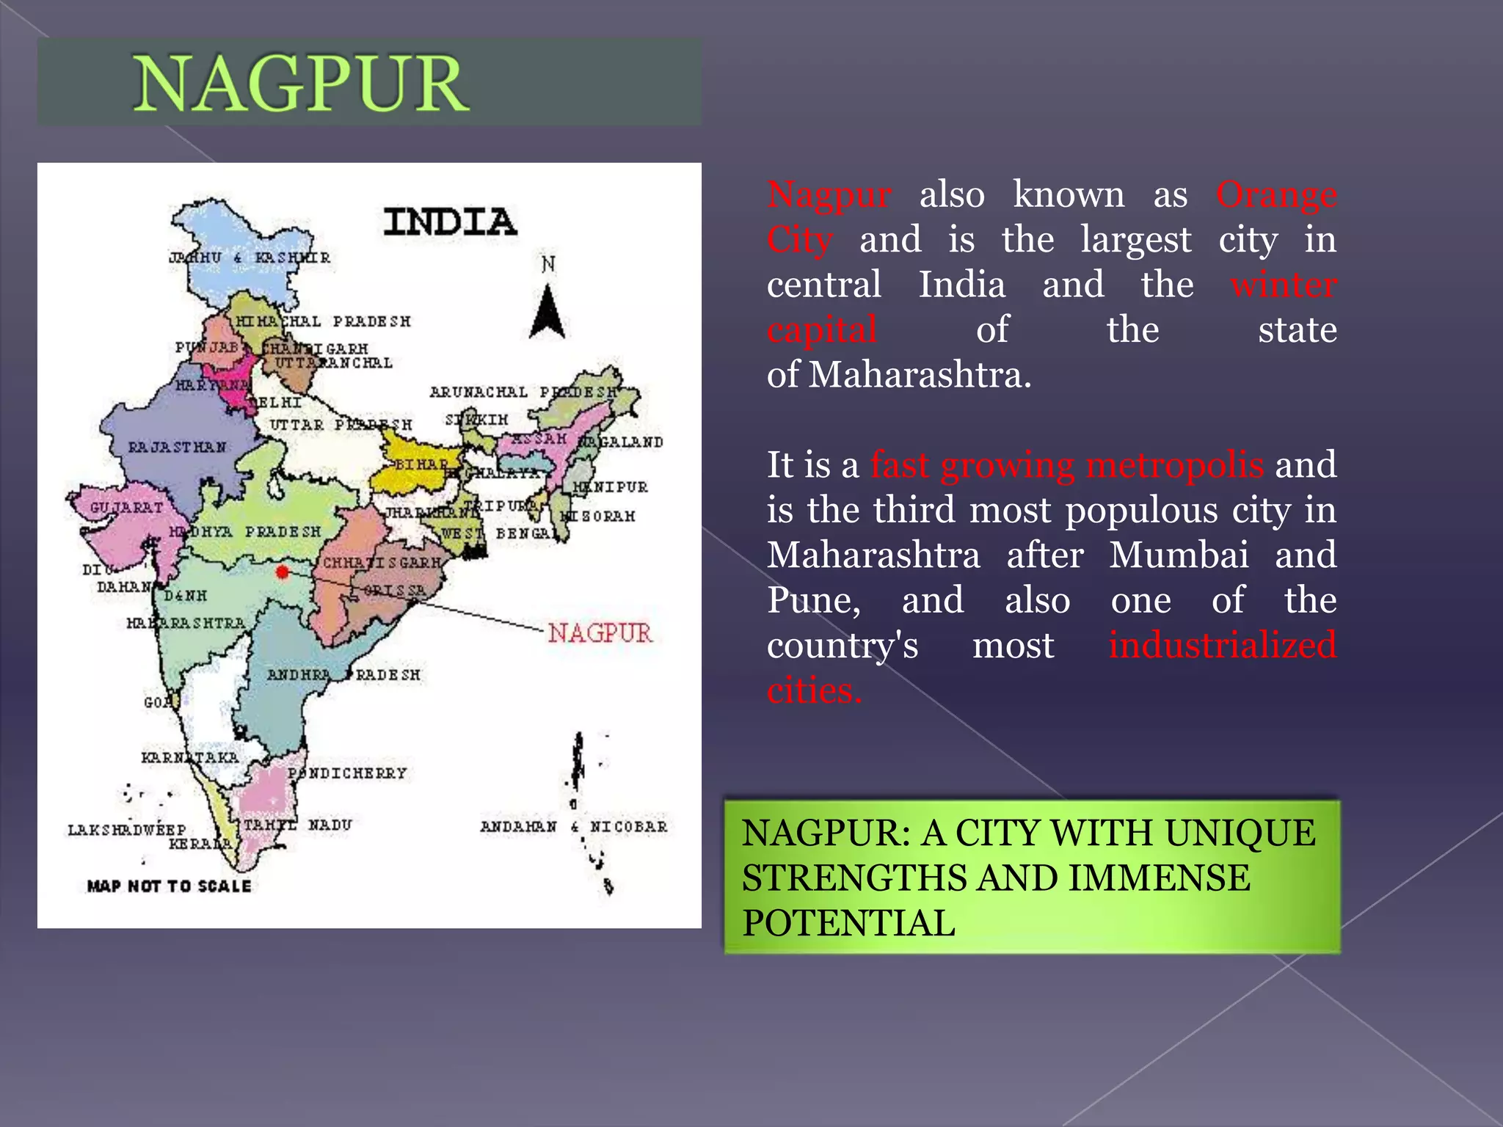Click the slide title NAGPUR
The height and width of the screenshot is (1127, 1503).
[300, 84]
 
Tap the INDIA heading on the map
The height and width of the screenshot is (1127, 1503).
[450, 222]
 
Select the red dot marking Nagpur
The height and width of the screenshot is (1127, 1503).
[283, 572]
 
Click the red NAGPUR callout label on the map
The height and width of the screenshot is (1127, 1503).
[600, 632]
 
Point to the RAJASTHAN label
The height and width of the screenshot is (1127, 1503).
[177, 447]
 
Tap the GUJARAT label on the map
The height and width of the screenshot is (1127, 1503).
[126, 508]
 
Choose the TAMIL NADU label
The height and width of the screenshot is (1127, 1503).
[297, 825]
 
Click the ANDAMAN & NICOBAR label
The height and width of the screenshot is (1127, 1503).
[574, 826]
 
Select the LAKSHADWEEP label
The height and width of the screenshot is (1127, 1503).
[126, 830]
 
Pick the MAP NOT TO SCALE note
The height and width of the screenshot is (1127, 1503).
[169, 886]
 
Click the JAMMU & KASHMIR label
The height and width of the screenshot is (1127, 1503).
[250, 258]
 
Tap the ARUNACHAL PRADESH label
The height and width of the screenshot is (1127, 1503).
[524, 392]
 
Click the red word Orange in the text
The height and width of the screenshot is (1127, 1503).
[1276, 195]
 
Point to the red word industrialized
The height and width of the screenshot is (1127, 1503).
[1222, 645]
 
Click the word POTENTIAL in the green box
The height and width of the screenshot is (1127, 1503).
[848, 923]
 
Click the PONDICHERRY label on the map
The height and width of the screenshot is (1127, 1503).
[347, 773]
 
